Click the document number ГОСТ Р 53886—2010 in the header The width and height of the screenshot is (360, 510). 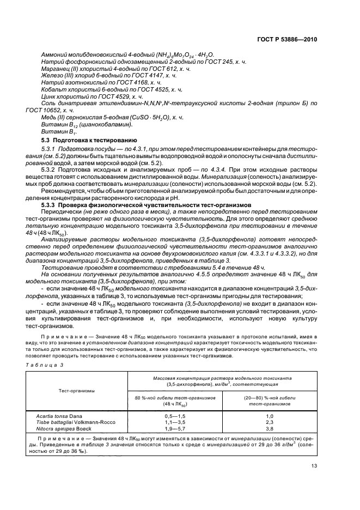point(286,39)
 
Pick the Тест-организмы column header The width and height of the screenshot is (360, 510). point(77,391)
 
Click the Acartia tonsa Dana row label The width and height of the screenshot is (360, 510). point(59,416)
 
